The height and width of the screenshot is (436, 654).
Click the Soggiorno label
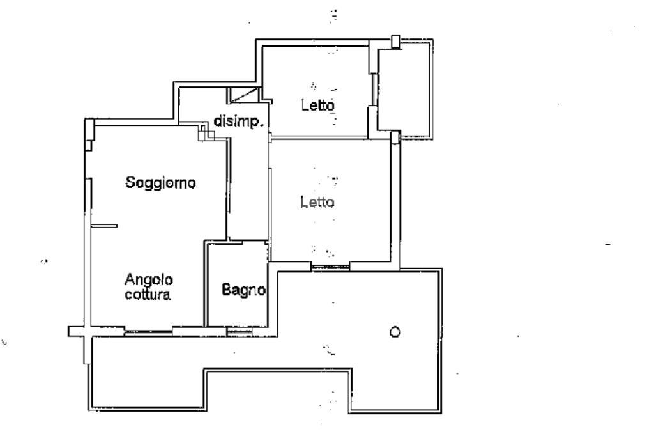click(x=160, y=182)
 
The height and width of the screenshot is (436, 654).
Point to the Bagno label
click(x=243, y=290)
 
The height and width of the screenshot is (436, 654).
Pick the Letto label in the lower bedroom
click(x=317, y=203)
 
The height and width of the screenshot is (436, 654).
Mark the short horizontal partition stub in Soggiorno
click(x=104, y=225)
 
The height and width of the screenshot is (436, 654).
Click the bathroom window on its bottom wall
click(x=240, y=332)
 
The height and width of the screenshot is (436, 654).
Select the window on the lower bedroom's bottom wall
click(x=330, y=265)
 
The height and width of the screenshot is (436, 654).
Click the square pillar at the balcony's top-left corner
click(x=396, y=42)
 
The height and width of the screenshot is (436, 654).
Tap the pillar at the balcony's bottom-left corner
click(x=395, y=136)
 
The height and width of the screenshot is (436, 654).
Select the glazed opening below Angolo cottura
click(x=148, y=332)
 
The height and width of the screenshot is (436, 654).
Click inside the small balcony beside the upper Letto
click(x=404, y=90)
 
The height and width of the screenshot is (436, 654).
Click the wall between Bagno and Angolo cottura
click(x=206, y=284)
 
